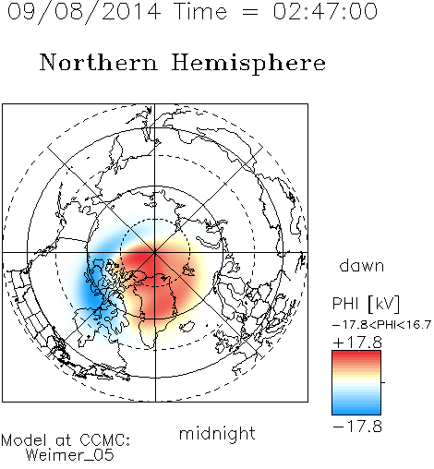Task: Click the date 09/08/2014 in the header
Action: pyautogui.click(x=84, y=12)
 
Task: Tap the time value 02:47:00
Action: pyautogui.click(x=325, y=12)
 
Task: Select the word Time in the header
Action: pyautogui.click(x=200, y=12)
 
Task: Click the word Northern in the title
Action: pyautogui.click(x=99, y=62)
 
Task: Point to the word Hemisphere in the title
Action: pyautogui.click(x=248, y=64)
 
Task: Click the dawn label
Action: pyautogui.click(x=362, y=266)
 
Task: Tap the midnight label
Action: pyautogui.click(x=217, y=434)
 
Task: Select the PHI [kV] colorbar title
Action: pyautogui.click(x=366, y=304)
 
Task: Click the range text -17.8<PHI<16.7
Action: pyautogui.click(x=381, y=325)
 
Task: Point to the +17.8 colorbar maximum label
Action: pyautogui.click(x=357, y=343)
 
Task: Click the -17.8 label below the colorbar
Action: pyautogui.click(x=357, y=427)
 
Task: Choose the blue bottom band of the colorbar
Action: pyautogui.click(x=356, y=408)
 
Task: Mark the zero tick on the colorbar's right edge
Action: pyautogui.click(x=383, y=382)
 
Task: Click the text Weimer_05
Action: pyautogui.click(x=70, y=455)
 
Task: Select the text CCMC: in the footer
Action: pyautogui.click(x=105, y=440)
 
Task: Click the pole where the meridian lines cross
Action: pyautogui.click(x=155, y=252)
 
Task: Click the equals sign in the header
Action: pyautogui.click(x=250, y=12)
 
